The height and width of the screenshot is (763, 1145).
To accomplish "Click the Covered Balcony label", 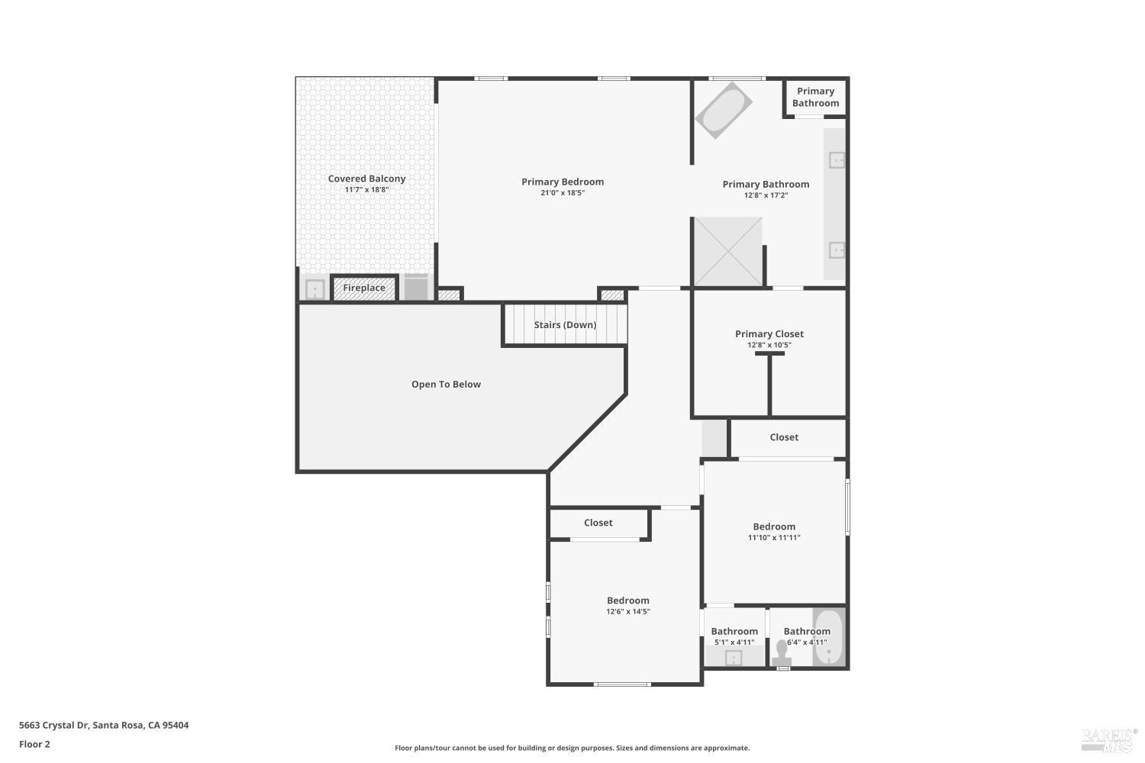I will (x=366, y=179).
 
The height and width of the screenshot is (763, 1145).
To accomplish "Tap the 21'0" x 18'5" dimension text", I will (x=563, y=193).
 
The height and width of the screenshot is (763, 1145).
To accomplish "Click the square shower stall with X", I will (x=727, y=252).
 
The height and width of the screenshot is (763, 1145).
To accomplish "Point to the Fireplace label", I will (x=364, y=288).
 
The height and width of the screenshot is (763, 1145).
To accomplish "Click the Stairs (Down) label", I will (x=565, y=325).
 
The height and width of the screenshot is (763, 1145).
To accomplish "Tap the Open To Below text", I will (x=446, y=385).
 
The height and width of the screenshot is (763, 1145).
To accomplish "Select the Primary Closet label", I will (x=769, y=334).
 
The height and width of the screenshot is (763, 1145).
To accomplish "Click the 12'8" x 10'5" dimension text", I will (x=769, y=345).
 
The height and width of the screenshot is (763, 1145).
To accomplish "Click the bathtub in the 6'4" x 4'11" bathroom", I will (x=828, y=637).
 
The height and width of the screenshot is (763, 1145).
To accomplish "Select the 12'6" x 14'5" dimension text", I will (x=628, y=612).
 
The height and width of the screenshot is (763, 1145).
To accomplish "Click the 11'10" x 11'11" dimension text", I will (x=774, y=538).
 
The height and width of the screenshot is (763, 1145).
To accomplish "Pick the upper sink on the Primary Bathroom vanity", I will (x=837, y=160).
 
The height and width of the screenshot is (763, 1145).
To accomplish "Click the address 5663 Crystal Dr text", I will (x=104, y=726).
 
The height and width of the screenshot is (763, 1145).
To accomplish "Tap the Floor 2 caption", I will (x=34, y=744).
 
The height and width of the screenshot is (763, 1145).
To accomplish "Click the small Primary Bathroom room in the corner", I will (x=815, y=97).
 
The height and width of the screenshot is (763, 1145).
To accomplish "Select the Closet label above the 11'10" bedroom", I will (x=784, y=437).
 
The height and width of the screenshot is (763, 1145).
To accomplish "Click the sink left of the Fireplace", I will (x=314, y=290).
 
